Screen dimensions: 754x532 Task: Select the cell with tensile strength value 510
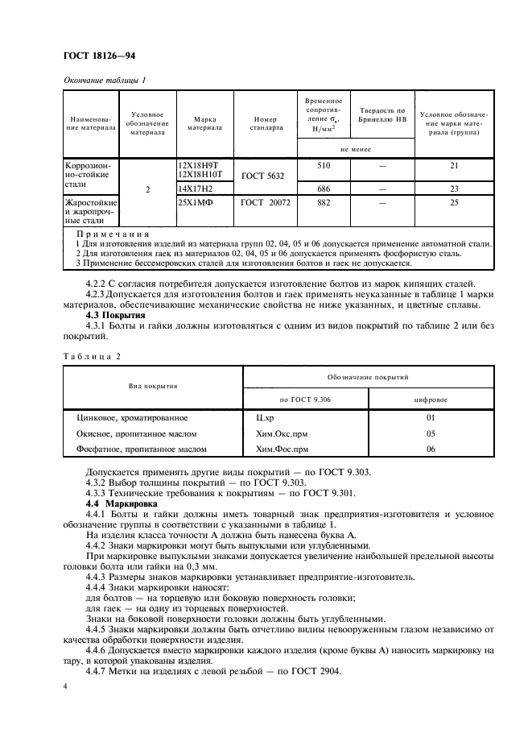324,165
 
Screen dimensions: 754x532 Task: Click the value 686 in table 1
324,188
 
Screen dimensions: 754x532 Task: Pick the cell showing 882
324,204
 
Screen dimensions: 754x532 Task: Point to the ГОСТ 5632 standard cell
263,174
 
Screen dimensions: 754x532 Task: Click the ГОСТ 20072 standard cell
265,204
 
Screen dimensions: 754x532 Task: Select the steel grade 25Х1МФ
193,204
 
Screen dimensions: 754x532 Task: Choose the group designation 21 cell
454,165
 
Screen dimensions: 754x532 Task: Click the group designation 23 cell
454,188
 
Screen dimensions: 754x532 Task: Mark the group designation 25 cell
454,204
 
